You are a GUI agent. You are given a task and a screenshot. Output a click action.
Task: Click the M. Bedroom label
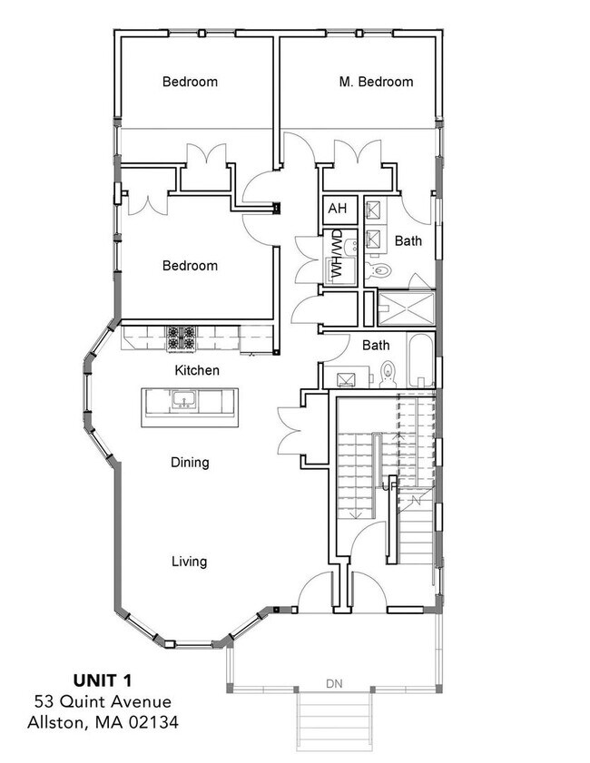(376, 82)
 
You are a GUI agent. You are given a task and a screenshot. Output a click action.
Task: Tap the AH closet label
(338, 210)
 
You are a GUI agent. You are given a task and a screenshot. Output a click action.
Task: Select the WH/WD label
(336, 255)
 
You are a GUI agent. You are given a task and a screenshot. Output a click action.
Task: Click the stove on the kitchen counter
(180, 338)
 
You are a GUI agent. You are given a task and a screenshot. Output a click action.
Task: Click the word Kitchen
(197, 370)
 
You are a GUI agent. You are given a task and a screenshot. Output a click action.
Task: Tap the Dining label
(190, 462)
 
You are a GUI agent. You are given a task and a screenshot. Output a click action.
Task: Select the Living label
(189, 562)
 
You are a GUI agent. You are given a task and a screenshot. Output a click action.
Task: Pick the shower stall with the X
(405, 307)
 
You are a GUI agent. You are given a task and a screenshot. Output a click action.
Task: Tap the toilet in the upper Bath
(381, 270)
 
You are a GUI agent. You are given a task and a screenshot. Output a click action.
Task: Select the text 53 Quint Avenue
(103, 700)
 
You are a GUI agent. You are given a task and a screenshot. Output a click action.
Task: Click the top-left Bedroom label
(190, 82)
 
